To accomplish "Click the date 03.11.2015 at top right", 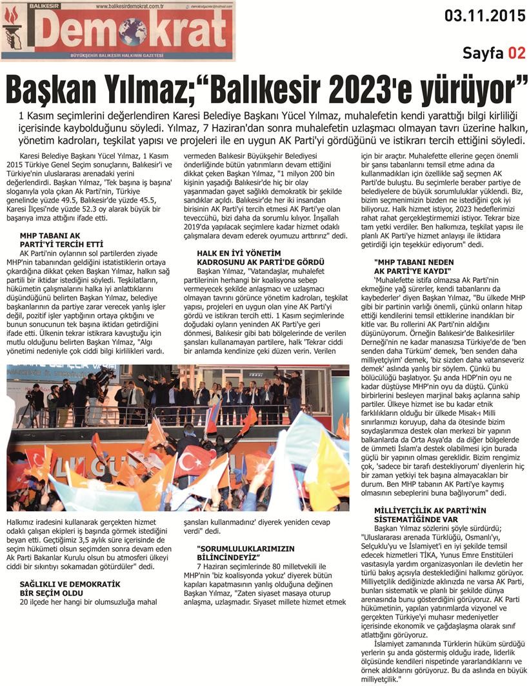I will tap(484, 15).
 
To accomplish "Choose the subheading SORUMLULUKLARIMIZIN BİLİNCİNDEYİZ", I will tap(229, 551).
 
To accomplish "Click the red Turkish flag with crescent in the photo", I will tap(193, 460).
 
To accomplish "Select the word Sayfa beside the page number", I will tap(483, 53).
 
